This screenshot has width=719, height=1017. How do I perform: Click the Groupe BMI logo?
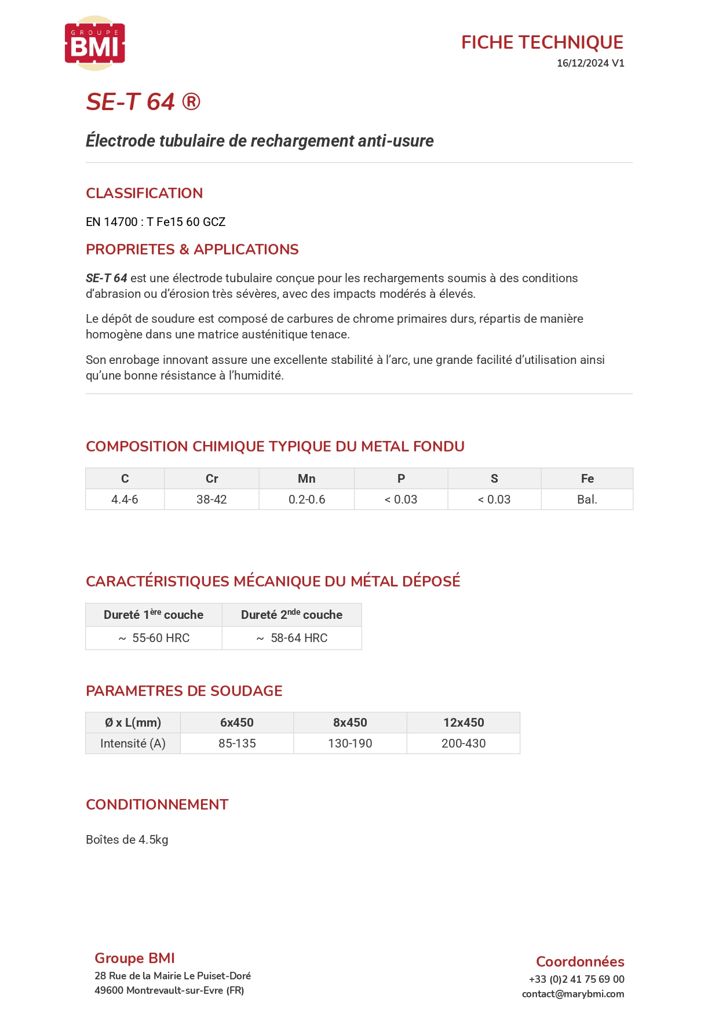pos(94,43)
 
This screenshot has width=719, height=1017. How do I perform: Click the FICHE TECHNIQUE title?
pos(542,42)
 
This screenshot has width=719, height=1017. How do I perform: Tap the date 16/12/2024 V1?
pos(590,63)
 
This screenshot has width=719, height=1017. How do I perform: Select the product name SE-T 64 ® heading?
pos(143,102)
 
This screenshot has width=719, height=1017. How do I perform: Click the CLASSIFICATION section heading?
pos(144,193)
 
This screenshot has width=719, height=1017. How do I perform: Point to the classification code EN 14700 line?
pos(155,222)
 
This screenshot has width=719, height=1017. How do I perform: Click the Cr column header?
pos(211,479)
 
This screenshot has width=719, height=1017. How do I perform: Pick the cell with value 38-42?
pos(211,500)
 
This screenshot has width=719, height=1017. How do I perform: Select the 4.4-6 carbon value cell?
pos(125,500)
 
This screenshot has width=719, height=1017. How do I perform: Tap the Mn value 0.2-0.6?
pos(306,500)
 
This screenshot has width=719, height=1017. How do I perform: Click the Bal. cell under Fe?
pos(587,500)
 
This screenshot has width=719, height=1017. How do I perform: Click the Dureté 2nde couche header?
pos(291,615)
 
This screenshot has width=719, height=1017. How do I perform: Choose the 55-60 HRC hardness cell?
pos(154,638)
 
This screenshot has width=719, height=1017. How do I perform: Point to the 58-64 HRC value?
pos(292,638)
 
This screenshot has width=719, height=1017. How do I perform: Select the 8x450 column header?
pos(350,723)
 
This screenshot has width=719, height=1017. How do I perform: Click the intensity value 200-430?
pos(463,743)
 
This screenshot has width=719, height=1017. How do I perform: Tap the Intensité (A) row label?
pos(133,743)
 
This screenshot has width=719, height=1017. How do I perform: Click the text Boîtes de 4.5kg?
pos(127,840)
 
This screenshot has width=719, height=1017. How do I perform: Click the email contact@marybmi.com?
pos(572,994)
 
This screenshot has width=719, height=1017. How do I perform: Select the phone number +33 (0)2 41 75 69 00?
pos(576,979)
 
